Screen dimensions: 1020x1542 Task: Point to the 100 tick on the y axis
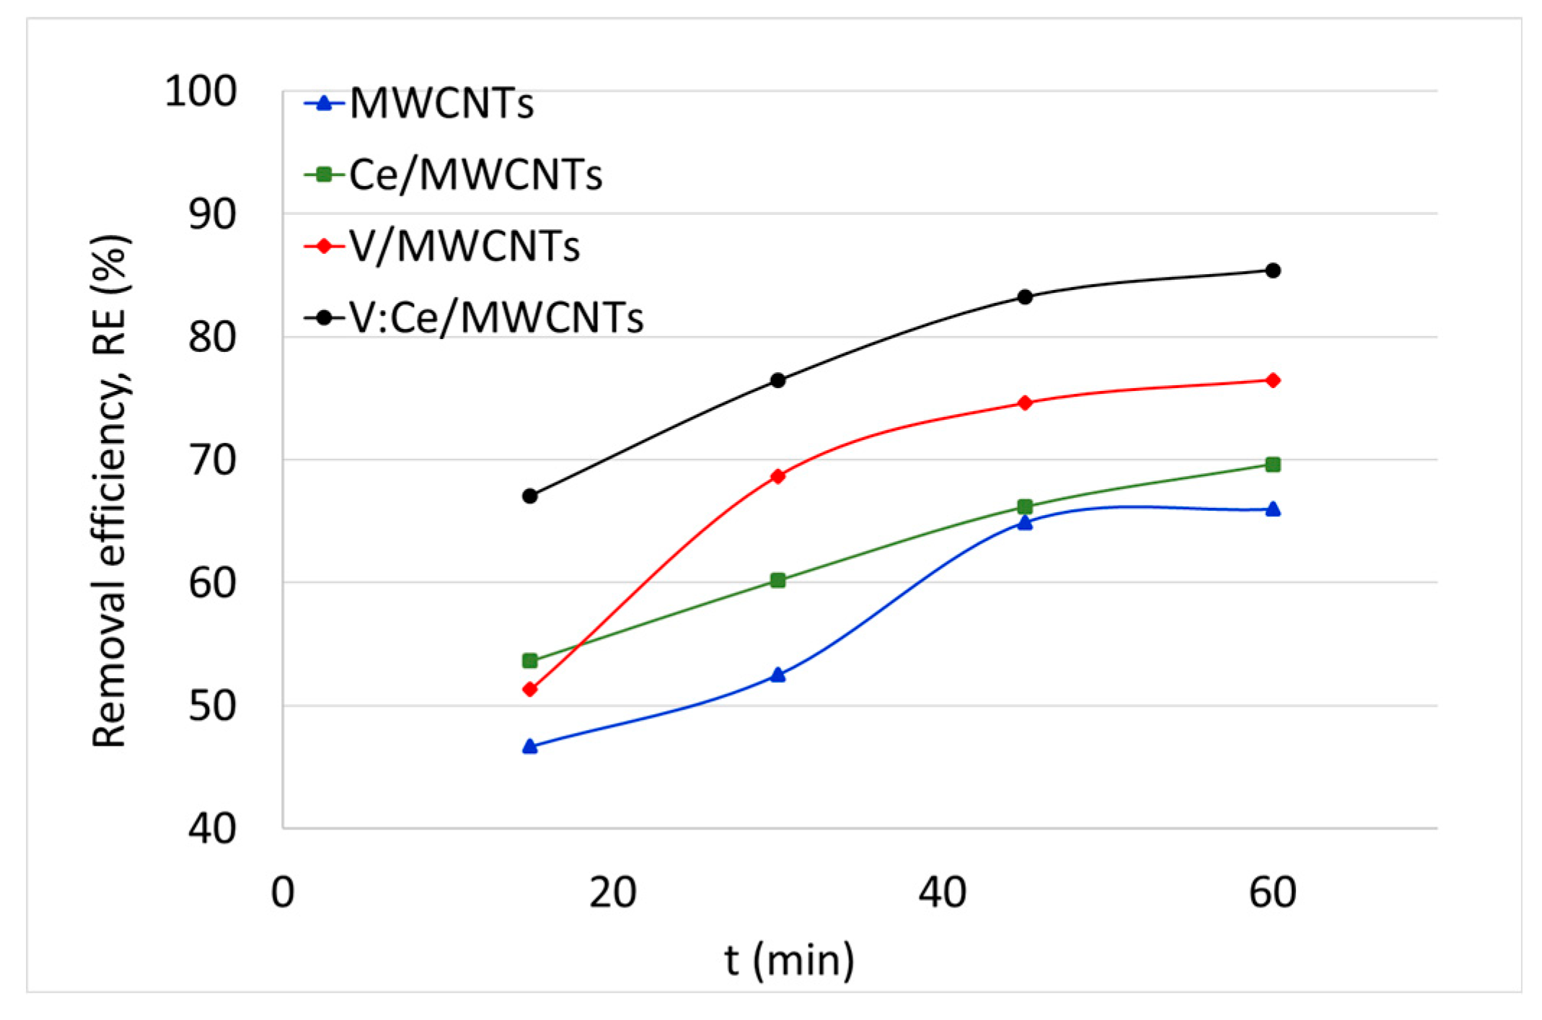coord(201,92)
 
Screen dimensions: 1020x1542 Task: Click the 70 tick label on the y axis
coord(212,460)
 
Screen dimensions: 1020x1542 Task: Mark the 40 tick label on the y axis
coord(212,829)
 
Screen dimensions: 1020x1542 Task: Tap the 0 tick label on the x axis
coord(282,892)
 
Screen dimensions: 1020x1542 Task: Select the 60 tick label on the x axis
coord(1272,892)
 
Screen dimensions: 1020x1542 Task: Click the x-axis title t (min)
coord(789,960)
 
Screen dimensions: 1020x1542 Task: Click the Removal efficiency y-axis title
coord(110,491)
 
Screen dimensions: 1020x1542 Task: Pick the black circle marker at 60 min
coord(1273,271)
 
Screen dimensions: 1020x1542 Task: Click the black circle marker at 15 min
coord(530,496)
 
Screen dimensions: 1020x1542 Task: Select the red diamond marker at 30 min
coord(777,476)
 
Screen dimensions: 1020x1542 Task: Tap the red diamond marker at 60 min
coord(1273,380)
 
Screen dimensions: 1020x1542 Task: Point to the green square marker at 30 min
coord(777,580)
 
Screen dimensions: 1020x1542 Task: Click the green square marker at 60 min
coord(1273,465)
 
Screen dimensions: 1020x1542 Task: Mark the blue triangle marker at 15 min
coord(530,747)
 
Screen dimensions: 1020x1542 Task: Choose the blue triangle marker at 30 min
coord(777,675)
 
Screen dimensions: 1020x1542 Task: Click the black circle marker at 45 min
coord(1025,296)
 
